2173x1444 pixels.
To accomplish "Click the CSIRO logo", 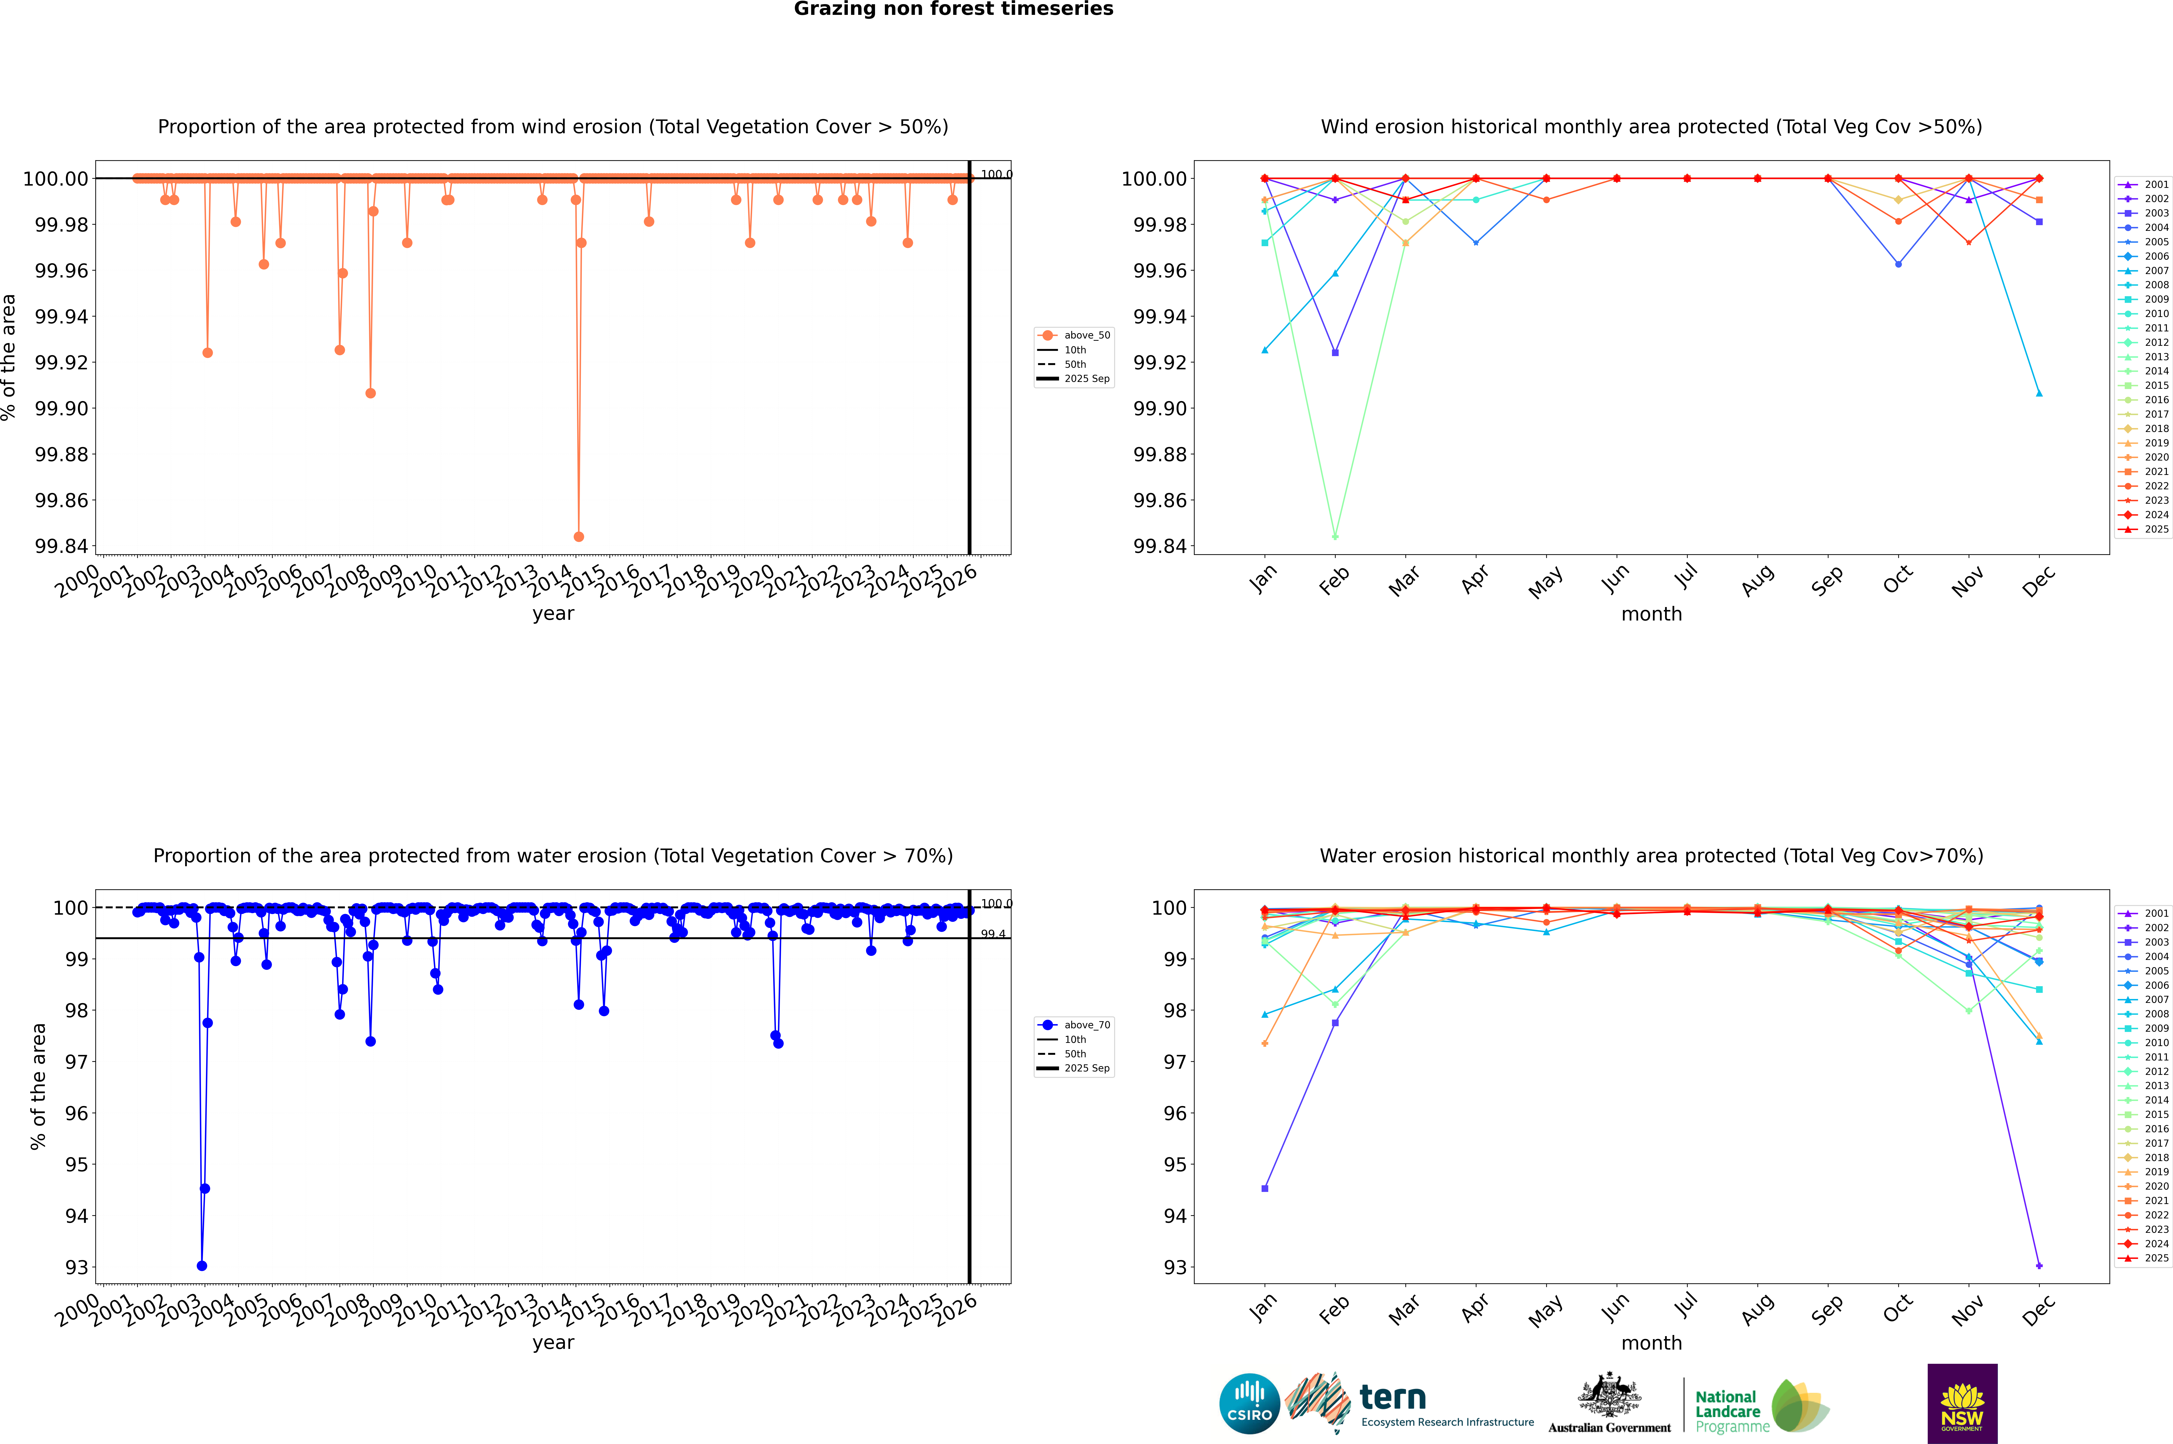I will (1249, 1404).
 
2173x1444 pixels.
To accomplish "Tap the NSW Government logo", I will (1962, 1404).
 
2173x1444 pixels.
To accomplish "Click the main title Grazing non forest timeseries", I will (953, 9).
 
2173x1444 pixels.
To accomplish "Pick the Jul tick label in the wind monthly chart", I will (1685, 577).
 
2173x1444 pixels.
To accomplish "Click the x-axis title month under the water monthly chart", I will (1651, 1343).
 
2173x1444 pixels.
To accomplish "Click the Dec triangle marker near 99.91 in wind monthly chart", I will (2039, 393).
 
